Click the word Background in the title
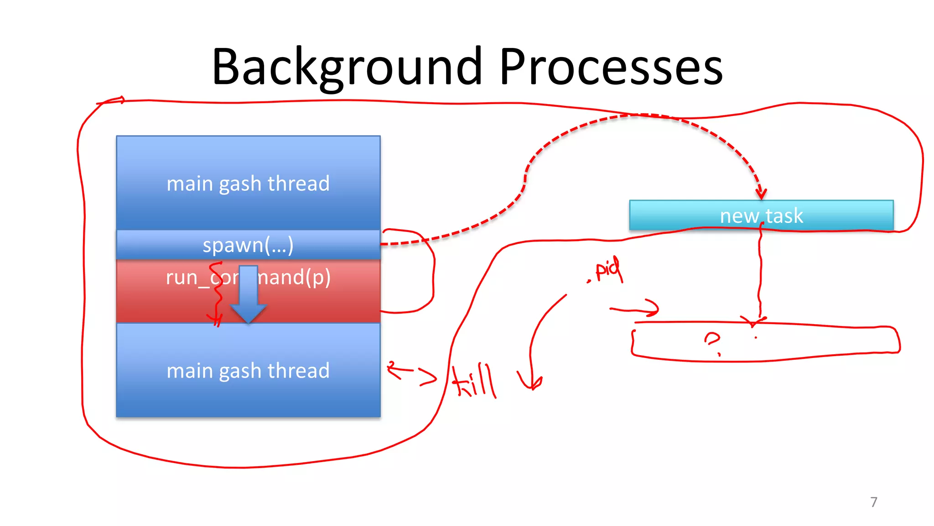tap(347, 68)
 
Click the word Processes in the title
tap(611, 68)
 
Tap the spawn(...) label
tap(248, 245)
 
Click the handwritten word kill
tap(474, 381)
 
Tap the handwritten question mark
tap(712, 342)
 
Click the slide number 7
tap(873, 502)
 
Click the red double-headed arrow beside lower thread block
tap(410, 372)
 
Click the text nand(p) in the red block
tap(294, 277)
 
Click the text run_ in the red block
tap(187, 278)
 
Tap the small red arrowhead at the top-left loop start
tap(119, 100)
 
